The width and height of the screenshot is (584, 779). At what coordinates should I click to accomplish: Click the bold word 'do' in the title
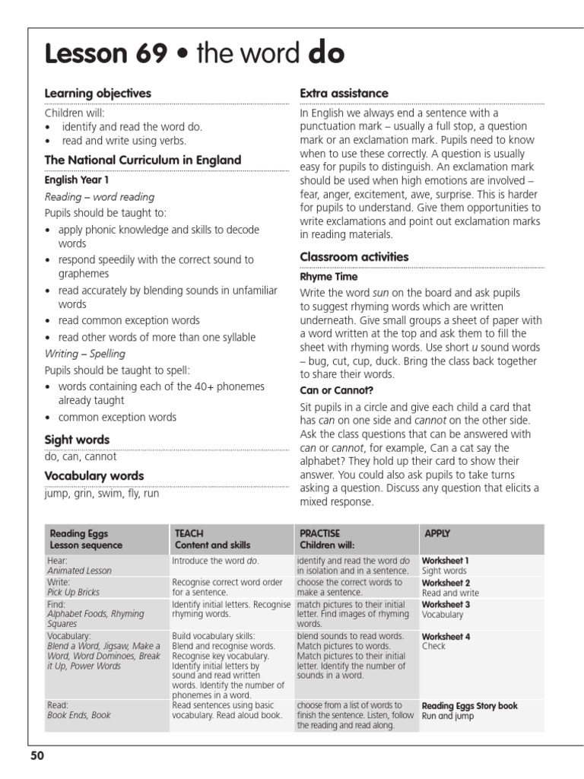pyautogui.click(x=327, y=54)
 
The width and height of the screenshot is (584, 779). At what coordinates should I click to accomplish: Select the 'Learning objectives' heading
pyautogui.click(x=98, y=93)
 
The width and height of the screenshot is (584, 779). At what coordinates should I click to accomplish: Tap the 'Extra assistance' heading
pyautogui.click(x=344, y=93)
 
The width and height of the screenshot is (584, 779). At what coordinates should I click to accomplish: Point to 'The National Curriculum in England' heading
pyautogui.click(x=143, y=161)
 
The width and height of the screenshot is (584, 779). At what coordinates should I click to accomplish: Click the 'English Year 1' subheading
pyautogui.click(x=77, y=180)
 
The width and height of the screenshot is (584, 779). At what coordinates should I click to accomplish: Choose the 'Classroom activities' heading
pyautogui.click(x=354, y=257)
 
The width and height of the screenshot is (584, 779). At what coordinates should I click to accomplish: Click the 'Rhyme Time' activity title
pyautogui.click(x=328, y=277)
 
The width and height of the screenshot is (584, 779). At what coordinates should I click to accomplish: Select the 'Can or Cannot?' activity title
pyautogui.click(x=337, y=390)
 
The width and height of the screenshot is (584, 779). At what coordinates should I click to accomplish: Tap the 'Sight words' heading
pyautogui.click(x=77, y=440)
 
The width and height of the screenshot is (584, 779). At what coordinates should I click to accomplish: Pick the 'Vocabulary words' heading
pyautogui.click(x=94, y=476)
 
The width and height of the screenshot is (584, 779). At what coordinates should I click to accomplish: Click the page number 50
pyautogui.click(x=38, y=755)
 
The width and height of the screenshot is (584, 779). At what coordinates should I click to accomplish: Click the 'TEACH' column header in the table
pyautogui.click(x=189, y=534)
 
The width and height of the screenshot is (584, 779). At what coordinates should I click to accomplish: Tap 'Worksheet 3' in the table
pyautogui.click(x=446, y=604)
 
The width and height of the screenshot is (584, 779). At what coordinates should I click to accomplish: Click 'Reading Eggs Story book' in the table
pyautogui.click(x=469, y=706)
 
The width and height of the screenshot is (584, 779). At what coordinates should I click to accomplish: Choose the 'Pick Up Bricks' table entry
pyautogui.click(x=73, y=592)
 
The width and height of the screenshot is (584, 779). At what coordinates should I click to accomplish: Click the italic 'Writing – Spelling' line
pyautogui.click(x=85, y=354)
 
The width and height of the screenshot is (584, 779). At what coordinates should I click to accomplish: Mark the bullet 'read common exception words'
pyautogui.click(x=129, y=320)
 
